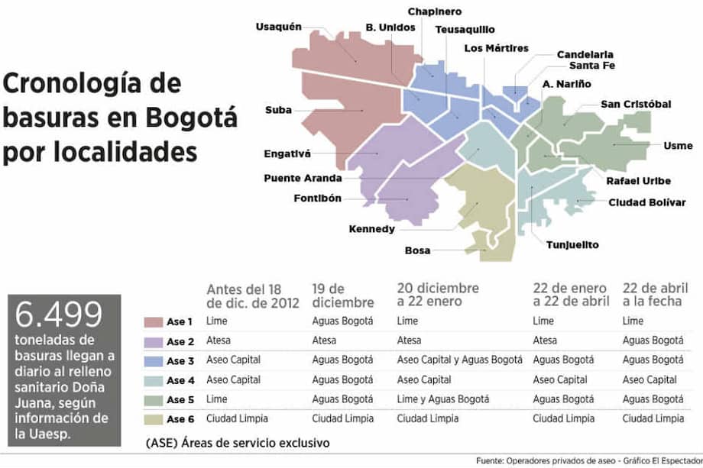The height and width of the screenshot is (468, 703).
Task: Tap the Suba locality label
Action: click(279, 110)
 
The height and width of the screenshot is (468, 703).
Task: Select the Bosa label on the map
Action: click(417, 250)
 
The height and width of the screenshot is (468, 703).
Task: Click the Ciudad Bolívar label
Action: click(640, 202)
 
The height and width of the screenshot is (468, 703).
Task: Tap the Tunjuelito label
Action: click(572, 245)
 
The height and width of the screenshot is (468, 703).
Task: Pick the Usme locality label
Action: click(657, 146)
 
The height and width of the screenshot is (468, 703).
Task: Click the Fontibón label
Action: click(317, 199)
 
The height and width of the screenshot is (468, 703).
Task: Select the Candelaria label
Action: click(585, 55)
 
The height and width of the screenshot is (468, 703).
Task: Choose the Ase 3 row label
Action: click(180, 360)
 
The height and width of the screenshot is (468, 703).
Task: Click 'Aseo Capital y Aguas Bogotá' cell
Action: click(459, 360)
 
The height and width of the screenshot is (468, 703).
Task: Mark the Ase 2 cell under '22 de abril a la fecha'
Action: click(653, 341)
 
